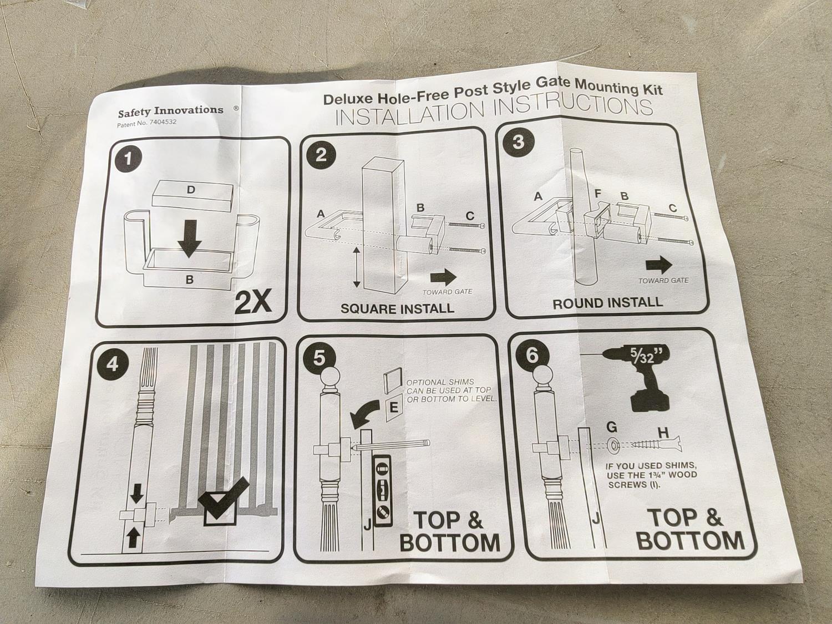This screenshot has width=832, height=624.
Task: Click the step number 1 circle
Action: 129,159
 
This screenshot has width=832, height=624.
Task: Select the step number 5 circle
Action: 319,358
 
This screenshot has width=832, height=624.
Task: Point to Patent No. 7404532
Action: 146,123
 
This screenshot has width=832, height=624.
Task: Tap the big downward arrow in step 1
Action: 190,239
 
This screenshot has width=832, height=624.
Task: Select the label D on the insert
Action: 191,190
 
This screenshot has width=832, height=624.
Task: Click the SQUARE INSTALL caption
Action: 397,308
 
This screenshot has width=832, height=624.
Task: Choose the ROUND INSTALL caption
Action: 607,303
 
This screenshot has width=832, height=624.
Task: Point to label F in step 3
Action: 598,194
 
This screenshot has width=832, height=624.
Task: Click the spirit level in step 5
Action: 382,492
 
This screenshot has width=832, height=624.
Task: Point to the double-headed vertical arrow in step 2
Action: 356,267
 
